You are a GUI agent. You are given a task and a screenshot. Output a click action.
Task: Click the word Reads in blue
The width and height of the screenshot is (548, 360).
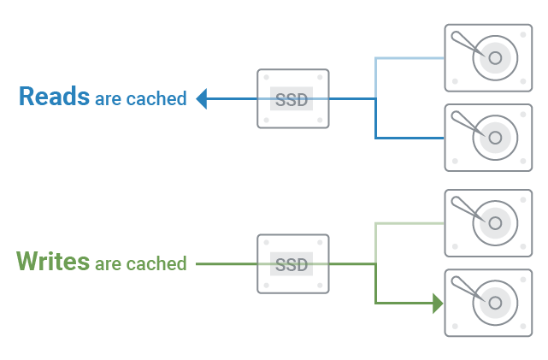(x=54, y=96)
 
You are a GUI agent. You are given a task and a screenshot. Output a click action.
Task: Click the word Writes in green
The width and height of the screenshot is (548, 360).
(x=53, y=261)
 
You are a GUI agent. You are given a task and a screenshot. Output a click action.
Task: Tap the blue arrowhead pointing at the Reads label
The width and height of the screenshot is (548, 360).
(x=202, y=99)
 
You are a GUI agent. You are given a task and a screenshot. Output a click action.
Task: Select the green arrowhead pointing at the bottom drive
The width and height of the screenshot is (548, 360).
(x=438, y=303)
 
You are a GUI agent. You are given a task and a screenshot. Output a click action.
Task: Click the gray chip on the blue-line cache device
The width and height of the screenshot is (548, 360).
(x=292, y=99)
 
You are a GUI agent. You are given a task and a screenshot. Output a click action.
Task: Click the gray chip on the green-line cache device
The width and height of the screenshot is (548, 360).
(x=292, y=264)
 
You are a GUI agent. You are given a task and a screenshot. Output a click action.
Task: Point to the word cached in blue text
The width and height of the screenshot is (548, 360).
(x=156, y=99)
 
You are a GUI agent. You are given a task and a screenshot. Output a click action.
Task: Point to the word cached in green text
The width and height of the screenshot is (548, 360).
(x=156, y=263)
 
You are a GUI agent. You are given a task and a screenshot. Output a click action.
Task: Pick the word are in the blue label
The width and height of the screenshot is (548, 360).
(x=109, y=100)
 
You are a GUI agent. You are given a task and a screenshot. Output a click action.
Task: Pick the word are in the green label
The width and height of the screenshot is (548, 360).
(x=109, y=264)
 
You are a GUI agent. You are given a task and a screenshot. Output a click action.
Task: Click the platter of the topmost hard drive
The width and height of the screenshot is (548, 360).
(x=495, y=59)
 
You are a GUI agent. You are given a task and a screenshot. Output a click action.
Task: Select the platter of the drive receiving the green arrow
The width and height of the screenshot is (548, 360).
(x=495, y=303)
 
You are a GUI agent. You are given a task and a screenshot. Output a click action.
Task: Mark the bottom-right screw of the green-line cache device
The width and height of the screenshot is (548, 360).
(x=319, y=286)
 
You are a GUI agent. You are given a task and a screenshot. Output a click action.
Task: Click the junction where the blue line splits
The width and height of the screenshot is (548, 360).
(x=375, y=99)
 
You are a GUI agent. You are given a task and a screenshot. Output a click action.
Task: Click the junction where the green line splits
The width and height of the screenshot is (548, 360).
(x=375, y=264)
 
